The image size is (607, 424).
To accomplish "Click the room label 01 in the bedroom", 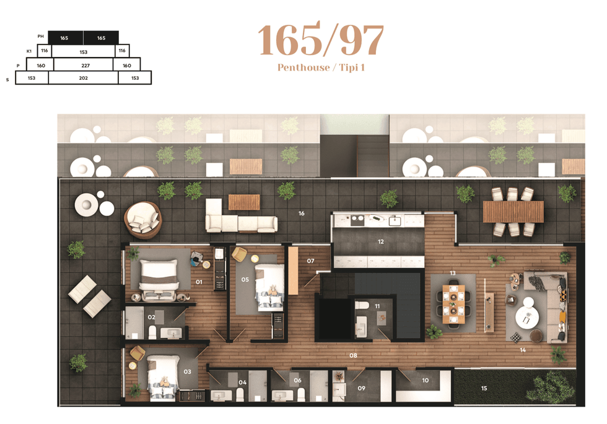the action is (199, 282).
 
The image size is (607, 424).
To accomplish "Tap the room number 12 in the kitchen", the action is (381, 242).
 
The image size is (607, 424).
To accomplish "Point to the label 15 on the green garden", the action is (484, 389).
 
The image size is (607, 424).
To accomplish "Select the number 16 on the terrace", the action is (302, 213).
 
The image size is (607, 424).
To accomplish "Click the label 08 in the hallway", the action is (353, 355).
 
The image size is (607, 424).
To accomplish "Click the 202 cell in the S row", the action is (83, 78).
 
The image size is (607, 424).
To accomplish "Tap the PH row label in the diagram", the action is (41, 37).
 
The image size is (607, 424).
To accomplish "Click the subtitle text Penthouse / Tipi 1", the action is (321, 67).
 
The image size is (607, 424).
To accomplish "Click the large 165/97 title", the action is (321, 39).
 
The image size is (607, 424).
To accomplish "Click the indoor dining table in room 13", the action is (453, 305).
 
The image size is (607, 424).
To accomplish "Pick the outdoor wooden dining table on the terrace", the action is (513, 212).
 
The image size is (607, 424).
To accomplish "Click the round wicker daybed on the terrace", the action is (143, 220).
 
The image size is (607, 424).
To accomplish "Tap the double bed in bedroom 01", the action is (159, 280).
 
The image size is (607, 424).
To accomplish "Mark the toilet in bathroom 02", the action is (152, 332).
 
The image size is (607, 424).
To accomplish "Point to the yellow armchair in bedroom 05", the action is (239, 254).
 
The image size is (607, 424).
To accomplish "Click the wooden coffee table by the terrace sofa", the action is (244, 202).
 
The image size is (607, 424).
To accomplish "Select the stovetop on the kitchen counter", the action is (357, 220).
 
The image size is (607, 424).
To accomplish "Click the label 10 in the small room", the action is (426, 380).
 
